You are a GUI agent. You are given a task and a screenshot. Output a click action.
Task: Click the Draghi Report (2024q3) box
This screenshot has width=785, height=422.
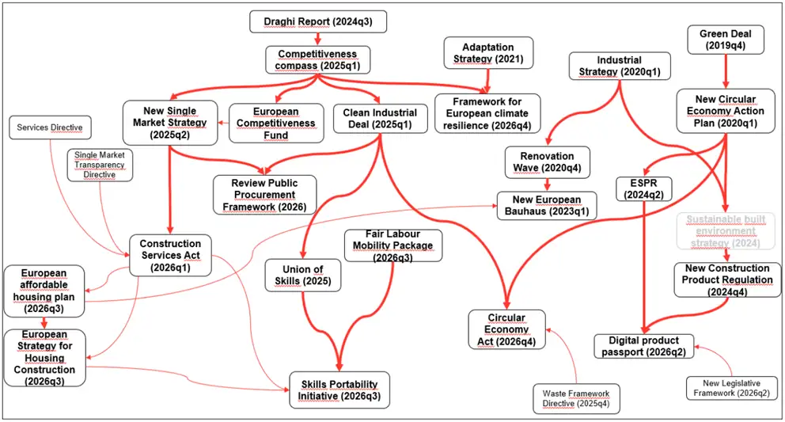318,21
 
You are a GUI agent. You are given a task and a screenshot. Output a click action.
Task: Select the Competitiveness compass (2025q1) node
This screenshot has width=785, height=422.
317,59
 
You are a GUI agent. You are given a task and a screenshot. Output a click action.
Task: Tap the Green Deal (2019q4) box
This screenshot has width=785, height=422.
726,40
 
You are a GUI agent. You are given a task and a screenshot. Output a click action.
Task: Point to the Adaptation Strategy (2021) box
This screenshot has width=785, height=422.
488,53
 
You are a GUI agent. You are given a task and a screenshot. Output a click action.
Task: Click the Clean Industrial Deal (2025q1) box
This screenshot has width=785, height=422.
380,119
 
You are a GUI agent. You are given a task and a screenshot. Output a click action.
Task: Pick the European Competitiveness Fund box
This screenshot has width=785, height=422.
275,124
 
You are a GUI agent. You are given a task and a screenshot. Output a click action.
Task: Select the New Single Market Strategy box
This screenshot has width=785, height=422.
171,123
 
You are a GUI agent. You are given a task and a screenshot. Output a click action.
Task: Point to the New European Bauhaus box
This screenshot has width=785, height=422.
547,206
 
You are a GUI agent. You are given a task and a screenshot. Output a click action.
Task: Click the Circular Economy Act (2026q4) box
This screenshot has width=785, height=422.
506,330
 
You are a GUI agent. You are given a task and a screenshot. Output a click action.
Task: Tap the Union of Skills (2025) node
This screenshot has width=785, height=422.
296,276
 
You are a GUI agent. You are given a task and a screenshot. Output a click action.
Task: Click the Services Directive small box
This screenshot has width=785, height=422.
50,127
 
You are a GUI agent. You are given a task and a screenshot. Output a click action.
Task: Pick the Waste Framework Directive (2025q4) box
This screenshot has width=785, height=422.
576,399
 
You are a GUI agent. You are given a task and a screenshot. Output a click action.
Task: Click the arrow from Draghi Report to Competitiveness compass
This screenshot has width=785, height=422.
317,40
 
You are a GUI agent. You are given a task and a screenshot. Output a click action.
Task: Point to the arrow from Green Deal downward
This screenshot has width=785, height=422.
726,71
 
